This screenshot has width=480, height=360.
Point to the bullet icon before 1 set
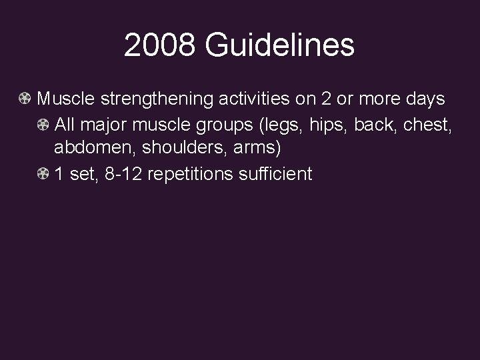point(43,175)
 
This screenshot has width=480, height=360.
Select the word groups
point(215,125)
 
